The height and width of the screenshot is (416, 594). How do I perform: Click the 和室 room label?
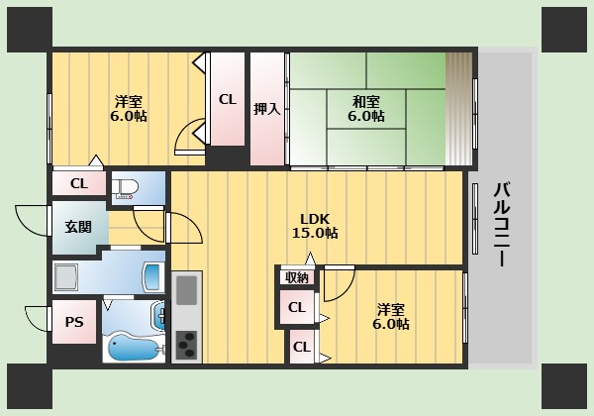tap(365, 100)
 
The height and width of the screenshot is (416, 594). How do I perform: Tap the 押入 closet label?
tap(266, 109)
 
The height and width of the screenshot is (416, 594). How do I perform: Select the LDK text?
tap(315, 219)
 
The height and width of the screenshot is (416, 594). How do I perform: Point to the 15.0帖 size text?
tap(315, 234)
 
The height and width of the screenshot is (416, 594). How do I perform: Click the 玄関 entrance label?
tap(78, 226)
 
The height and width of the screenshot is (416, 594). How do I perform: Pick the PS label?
tap(74, 322)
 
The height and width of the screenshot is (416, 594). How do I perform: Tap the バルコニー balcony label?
tap(502, 224)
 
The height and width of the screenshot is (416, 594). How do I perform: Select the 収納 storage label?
tap(296, 278)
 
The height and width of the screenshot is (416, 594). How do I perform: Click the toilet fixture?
tap(125, 189)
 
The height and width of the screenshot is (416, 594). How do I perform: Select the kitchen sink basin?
tap(187, 291)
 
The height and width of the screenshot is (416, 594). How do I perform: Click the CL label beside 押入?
tap(227, 99)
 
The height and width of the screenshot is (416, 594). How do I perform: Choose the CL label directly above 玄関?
tap(78, 183)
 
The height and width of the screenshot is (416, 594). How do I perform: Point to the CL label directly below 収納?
tap(296, 308)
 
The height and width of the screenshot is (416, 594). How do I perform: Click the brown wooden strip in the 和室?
tap(458, 109)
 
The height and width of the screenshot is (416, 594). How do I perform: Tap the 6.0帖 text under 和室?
tap(365, 116)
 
